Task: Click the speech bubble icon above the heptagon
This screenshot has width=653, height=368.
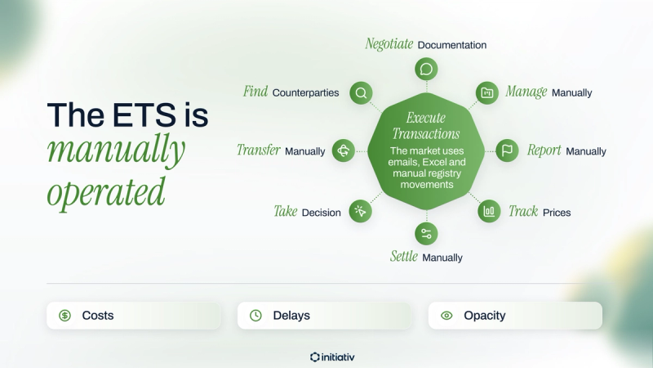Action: (x=426, y=69)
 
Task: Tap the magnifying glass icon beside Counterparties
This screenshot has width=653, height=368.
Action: (x=361, y=92)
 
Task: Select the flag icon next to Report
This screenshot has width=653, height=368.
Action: (x=507, y=150)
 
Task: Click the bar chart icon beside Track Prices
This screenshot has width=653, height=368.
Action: (x=489, y=211)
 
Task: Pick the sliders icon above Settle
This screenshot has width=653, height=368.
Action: (x=426, y=234)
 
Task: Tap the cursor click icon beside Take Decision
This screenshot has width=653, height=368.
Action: (x=360, y=211)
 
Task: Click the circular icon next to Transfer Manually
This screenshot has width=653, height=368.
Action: (x=343, y=150)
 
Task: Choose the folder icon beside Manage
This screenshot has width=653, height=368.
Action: (x=486, y=92)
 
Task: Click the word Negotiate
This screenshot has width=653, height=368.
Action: (x=389, y=44)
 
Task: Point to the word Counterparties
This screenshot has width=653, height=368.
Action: (x=305, y=92)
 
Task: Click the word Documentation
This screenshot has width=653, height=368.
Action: (x=452, y=45)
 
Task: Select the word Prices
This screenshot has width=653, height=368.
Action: (x=557, y=213)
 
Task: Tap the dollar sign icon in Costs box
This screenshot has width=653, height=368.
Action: (x=64, y=316)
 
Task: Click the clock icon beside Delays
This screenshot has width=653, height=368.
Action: (x=255, y=316)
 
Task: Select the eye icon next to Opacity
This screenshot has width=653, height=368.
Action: (x=446, y=316)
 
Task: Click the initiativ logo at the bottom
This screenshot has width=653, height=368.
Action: (x=332, y=357)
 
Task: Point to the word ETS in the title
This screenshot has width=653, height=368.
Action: (x=144, y=114)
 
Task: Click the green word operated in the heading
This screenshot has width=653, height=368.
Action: (x=106, y=192)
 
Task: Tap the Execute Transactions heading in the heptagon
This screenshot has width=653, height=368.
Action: (x=426, y=126)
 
